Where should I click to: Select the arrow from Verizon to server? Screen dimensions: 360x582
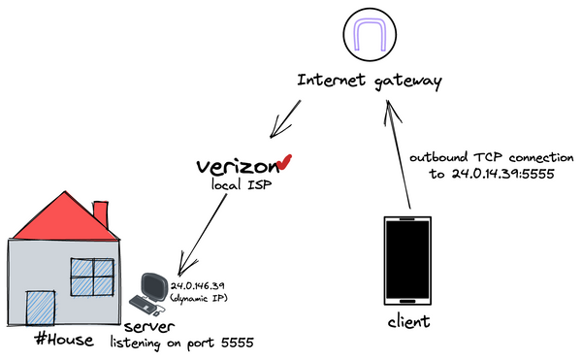point(209,232)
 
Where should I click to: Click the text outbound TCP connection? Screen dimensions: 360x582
point(492,156)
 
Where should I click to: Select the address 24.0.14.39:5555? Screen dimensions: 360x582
point(490,175)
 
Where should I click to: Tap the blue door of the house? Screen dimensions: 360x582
point(40,311)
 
